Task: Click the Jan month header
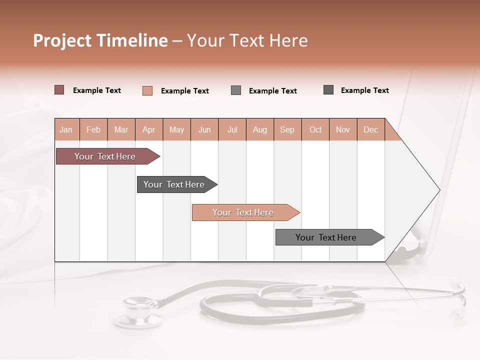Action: click(66, 129)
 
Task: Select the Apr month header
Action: click(149, 129)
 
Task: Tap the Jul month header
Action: click(232, 129)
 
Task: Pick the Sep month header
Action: click(287, 129)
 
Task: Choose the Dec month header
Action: click(370, 129)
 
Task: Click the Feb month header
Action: click(93, 129)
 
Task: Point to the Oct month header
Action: click(315, 129)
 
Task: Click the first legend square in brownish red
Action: click(59, 90)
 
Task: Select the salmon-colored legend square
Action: click(147, 90)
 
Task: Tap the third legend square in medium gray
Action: click(236, 90)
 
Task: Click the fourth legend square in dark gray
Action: click(328, 90)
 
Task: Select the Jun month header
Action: click(204, 129)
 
